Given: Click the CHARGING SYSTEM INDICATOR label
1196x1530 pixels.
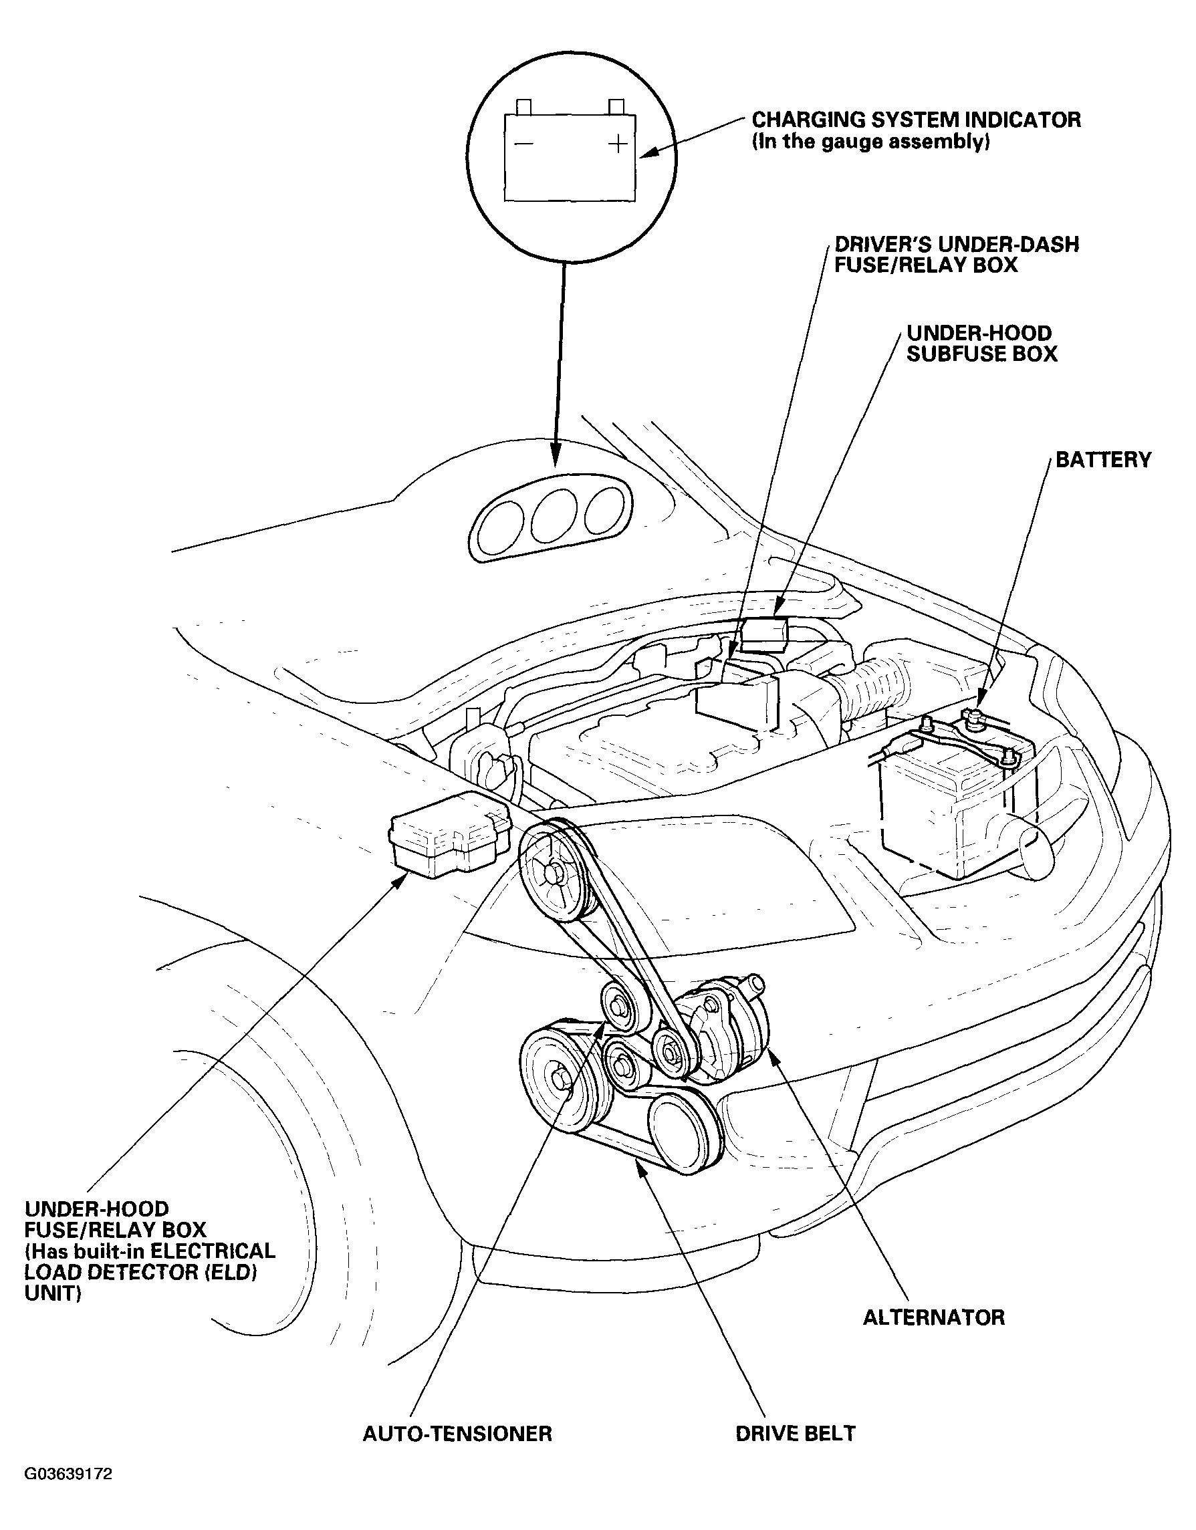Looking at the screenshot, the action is (916, 120).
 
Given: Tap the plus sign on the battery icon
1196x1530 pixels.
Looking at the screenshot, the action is (617, 144).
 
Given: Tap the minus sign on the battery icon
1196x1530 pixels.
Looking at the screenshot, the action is (523, 144).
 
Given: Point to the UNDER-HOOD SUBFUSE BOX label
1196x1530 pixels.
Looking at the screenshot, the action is (981, 344).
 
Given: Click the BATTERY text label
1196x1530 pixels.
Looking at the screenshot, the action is (1104, 460).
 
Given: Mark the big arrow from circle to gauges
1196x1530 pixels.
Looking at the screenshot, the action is (560, 364).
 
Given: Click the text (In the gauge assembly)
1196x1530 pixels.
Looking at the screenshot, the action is (870, 142).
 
